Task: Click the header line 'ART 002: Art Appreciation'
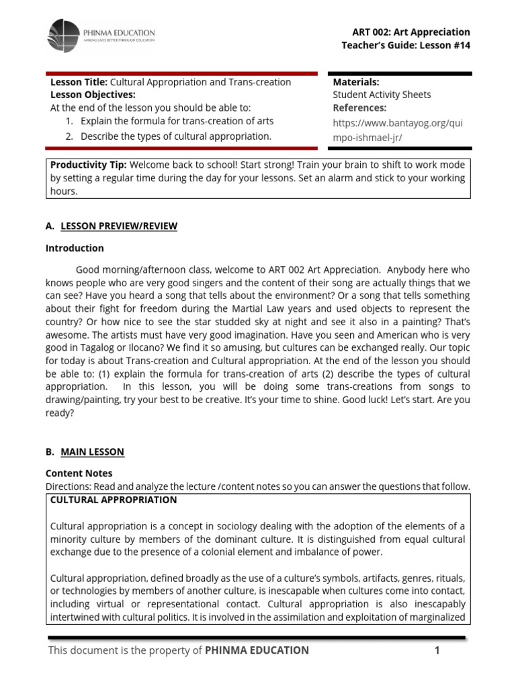411,32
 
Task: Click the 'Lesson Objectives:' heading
93,95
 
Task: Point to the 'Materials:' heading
356,82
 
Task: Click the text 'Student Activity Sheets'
382,95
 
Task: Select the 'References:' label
359,107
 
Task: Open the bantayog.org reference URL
398,130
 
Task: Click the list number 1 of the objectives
69,122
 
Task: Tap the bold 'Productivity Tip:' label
89,165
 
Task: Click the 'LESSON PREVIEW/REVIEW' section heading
119,226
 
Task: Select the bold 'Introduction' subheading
75,248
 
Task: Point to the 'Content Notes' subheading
79,474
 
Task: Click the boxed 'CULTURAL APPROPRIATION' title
114,500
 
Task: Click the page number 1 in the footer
436,650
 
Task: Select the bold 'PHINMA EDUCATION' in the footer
257,650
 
